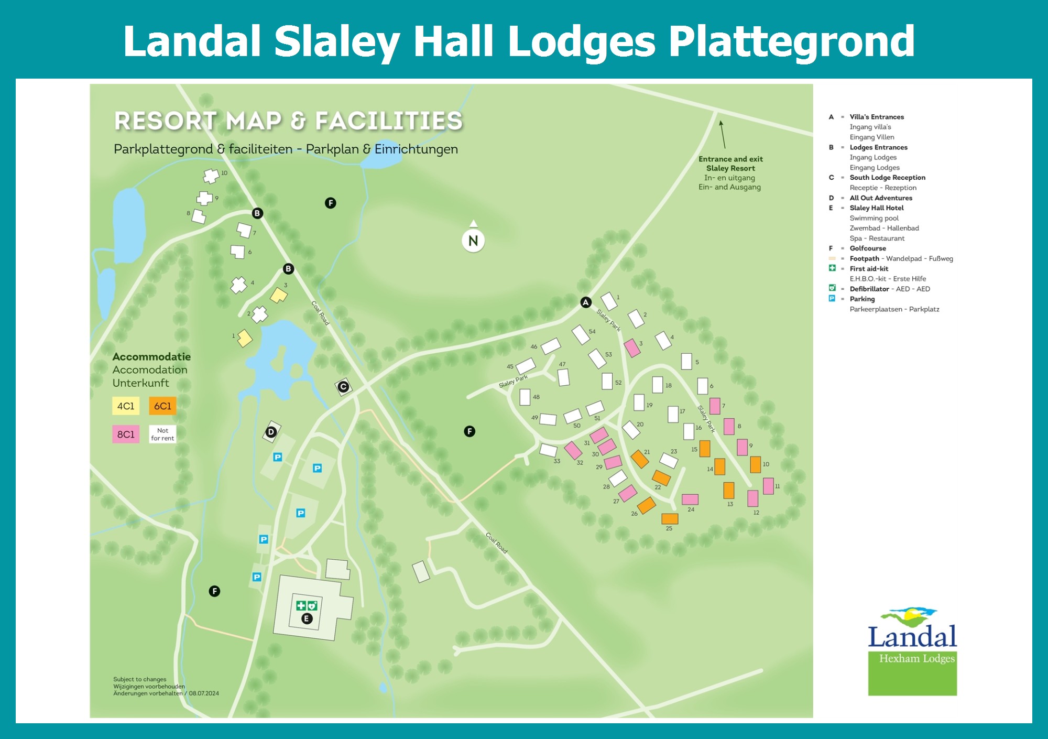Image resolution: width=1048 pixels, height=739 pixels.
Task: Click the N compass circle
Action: point(473,241)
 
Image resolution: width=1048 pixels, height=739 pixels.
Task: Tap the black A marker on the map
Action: point(586,302)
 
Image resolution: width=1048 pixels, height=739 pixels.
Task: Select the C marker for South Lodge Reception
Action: point(343,387)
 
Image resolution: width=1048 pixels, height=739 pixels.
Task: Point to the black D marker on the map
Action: point(271,432)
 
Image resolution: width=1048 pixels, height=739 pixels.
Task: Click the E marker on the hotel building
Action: point(307,619)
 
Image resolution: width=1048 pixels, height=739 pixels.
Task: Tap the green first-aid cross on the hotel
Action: point(301,606)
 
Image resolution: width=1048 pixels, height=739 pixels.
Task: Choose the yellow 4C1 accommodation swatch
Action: point(126,406)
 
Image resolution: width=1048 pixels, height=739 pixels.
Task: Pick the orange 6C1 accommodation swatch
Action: point(162,406)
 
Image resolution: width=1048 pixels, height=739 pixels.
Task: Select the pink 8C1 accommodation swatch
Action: point(126,434)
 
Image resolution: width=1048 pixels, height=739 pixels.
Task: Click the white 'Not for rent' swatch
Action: point(162,434)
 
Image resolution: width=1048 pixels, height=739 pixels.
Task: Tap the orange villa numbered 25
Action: point(670,519)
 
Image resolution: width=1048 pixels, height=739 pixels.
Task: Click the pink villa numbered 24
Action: point(690,499)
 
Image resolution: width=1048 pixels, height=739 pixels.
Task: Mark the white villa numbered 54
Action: point(581,335)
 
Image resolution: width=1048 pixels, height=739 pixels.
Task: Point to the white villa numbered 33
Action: point(548,450)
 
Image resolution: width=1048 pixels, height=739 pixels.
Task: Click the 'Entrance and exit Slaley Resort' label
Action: point(730,164)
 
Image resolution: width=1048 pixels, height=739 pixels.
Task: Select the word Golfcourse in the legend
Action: point(868,248)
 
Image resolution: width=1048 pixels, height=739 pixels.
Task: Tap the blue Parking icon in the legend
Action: point(832,299)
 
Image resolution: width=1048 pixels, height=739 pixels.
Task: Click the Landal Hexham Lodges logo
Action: point(912,652)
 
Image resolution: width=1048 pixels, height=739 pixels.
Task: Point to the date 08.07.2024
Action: point(204,693)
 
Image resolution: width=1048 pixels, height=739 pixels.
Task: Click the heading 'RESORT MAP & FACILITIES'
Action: point(288,121)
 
